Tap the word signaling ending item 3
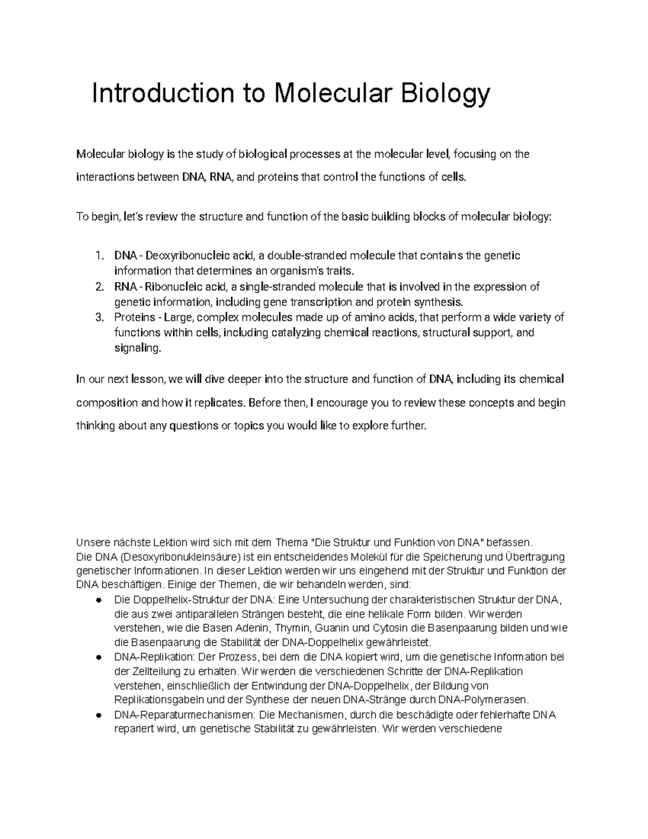137,348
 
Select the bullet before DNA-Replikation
98,658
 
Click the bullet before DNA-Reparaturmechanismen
98,716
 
